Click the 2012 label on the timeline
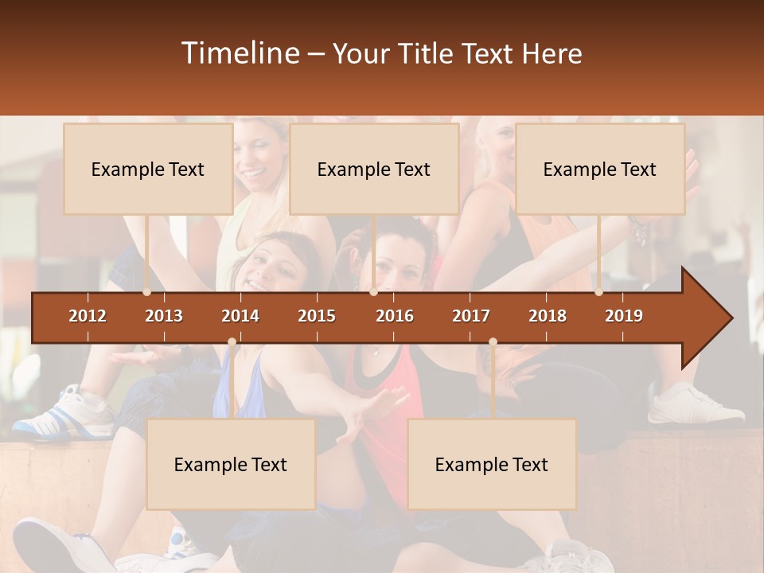(x=88, y=316)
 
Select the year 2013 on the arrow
(x=164, y=316)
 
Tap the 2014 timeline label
(x=240, y=316)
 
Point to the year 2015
(x=317, y=316)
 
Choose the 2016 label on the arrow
(x=395, y=316)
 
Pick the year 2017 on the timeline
(x=471, y=316)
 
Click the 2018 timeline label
(x=548, y=316)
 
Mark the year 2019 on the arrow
(x=624, y=316)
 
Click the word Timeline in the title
(x=239, y=53)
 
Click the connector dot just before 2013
(x=147, y=292)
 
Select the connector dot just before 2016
(x=373, y=292)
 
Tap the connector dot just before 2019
(x=599, y=292)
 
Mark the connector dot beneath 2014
(x=232, y=341)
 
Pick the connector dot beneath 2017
(x=493, y=341)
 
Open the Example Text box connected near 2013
(x=148, y=169)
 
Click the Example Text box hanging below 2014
(x=231, y=464)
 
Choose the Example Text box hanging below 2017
(x=492, y=464)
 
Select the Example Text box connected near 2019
(x=600, y=169)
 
